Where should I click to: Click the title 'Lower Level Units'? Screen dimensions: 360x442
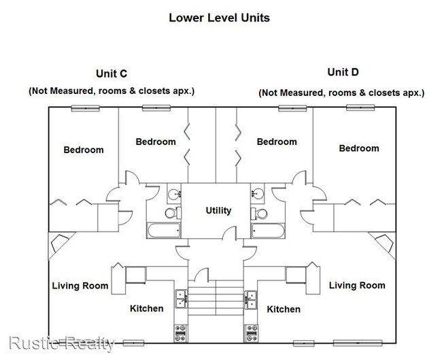coord(219,18)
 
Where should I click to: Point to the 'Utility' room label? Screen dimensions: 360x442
coord(218,211)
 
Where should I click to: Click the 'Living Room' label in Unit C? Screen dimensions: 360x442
coord(80,286)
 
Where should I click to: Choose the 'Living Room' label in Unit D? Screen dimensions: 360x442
coord(357,285)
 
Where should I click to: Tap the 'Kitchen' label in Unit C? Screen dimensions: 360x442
coord(147,308)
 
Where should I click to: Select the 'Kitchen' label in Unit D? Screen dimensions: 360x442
coord(284,309)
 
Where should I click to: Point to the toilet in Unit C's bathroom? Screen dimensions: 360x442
coord(173,214)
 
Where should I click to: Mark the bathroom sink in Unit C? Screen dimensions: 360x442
coord(174,193)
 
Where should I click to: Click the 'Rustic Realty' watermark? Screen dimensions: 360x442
coord(62,343)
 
